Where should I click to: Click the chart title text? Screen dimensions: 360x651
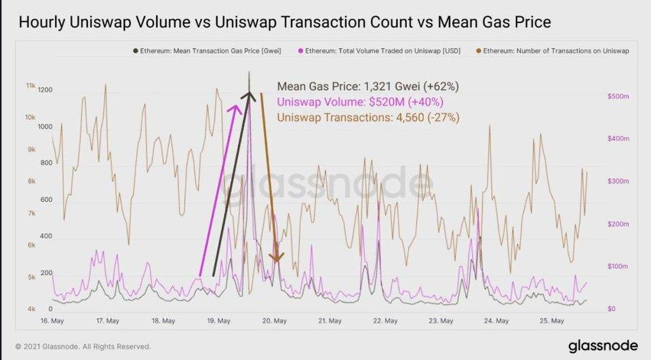pyautogui.click(x=284, y=23)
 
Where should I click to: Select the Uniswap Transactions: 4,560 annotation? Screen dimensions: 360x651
pyautogui.click(x=369, y=117)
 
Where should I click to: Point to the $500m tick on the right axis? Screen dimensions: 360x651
pyautogui.click(x=618, y=97)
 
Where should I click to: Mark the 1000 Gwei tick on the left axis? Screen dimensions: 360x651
pyautogui.click(x=45, y=127)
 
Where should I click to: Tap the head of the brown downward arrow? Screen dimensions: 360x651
pyautogui.click(x=275, y=258)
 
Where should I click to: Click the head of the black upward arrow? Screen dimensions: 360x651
pyautogui.click(x=249, y=96)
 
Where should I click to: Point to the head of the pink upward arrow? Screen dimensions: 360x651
pyautogui.click(x=237, y=107)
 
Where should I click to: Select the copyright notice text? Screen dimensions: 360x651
pyautogui.click(x=83, y=346)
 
